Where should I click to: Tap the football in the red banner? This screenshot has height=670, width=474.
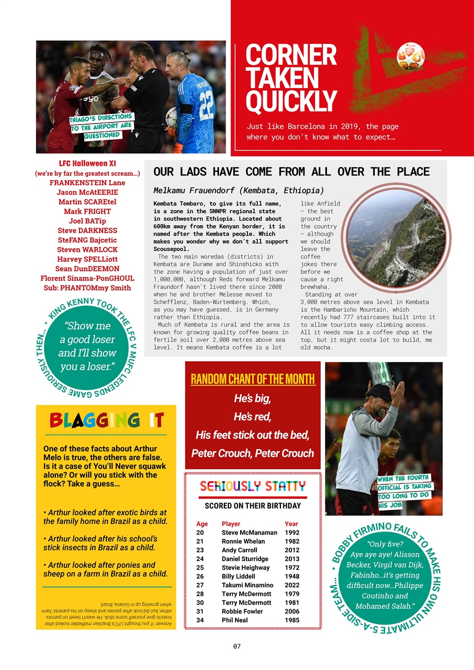[x=410, y=56]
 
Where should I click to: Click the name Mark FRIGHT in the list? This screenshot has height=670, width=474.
[x=87, y=211]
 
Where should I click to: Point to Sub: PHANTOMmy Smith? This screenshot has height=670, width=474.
[x=87, y=288]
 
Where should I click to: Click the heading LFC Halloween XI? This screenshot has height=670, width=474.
[x=87, y=164]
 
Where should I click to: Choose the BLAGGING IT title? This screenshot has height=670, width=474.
[x=106, y=420]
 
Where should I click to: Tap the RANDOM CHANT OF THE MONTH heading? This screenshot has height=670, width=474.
[x=253, y=379]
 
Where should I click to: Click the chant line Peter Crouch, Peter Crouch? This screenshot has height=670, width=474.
[x=253, y=453]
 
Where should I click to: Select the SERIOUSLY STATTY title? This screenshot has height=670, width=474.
[x=253, y=486]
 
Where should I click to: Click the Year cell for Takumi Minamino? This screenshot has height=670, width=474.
[x=291, y=585]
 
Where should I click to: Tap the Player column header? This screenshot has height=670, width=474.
[x=231, y=523]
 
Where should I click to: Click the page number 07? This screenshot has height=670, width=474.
[x=237, y=646]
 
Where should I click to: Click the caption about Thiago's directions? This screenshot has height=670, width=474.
[x=101, y=126]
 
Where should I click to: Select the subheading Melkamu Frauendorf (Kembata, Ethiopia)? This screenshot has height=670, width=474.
[x=239, y=190]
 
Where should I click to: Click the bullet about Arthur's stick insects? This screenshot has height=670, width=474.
[x=100, y=543]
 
